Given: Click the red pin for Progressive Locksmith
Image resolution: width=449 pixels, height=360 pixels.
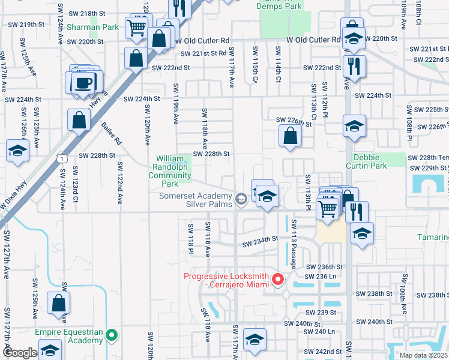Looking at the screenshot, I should [x=277, y=280].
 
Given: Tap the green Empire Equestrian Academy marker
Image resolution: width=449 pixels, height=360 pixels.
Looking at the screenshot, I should [x=111, y=335].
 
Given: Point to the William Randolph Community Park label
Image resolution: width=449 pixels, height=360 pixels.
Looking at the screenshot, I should [x=170, y=167].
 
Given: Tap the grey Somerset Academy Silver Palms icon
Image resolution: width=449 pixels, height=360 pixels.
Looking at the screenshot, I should [x=241, y=199].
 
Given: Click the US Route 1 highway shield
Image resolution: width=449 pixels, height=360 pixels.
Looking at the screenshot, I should [x=61, y=157].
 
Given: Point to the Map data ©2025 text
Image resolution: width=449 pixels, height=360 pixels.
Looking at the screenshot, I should [x=423, y=355].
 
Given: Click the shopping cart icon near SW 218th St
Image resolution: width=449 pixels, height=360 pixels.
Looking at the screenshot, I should [x=137, y=28].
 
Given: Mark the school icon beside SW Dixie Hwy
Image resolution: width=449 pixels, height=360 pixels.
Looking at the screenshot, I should [x=17, y=151].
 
